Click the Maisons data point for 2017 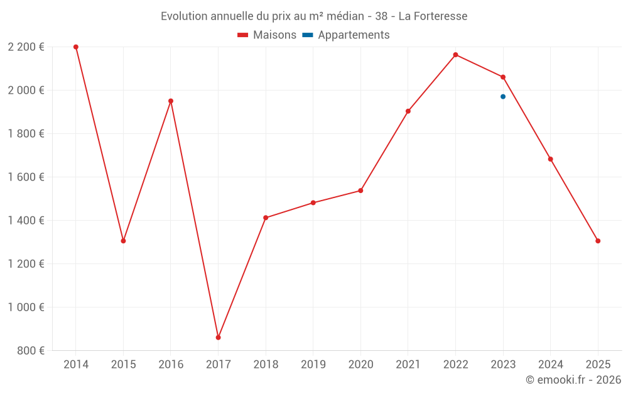(218, 338)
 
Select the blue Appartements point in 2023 (503, 97)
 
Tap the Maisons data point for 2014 (76, 47)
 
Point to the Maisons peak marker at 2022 (455, 55)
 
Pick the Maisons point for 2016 (171, 101)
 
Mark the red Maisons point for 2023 (503, 77)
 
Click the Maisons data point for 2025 (598, 241)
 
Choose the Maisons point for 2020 (360, 191)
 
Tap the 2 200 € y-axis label (26, 47)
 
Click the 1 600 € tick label (26, 177)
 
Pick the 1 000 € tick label (26, 307)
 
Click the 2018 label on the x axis (266, 365)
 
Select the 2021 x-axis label (408, 365)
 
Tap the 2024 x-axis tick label (550, 365)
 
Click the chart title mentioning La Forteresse (314, 16)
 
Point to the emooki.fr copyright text (573, 380)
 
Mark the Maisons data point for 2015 (123, 241)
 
